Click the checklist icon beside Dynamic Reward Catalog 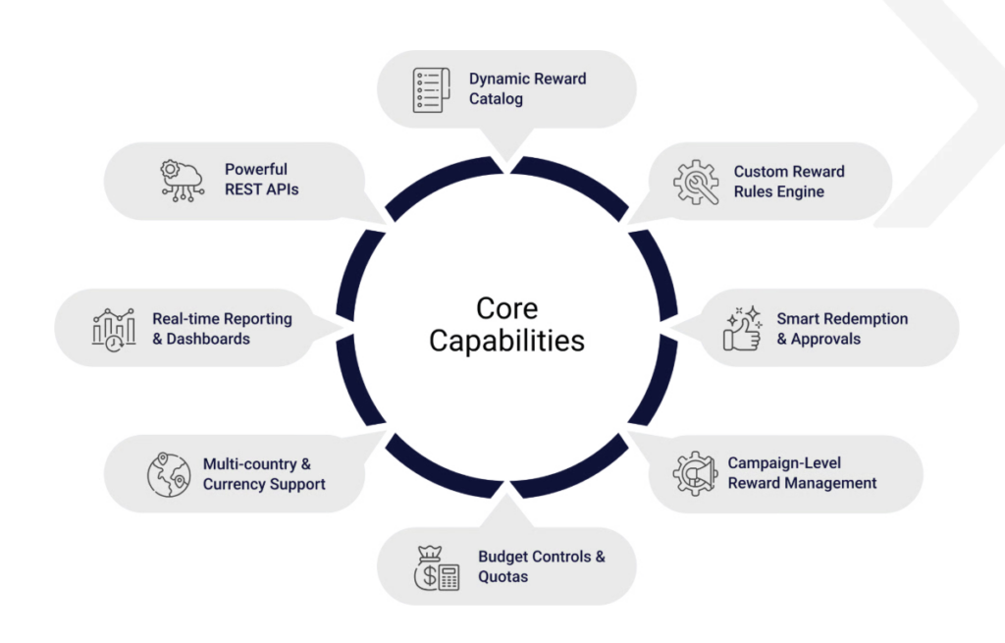[431, 89]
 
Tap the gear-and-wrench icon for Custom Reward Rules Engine [696, 182]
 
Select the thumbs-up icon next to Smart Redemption [743, 328]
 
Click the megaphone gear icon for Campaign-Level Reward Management [695, 474]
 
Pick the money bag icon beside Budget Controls [437, 568]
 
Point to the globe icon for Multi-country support [169, 475]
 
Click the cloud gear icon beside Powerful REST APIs [182, 181]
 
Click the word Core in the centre [507, 308]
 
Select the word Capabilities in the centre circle [507, 341]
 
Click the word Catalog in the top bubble [496, 99]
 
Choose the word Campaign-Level [784, 462]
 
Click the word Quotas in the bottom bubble [503, 576]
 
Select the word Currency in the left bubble [229, 484]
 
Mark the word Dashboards [208, 339]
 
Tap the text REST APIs [261, 189]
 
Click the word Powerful [256, 169]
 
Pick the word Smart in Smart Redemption [796, 319]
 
